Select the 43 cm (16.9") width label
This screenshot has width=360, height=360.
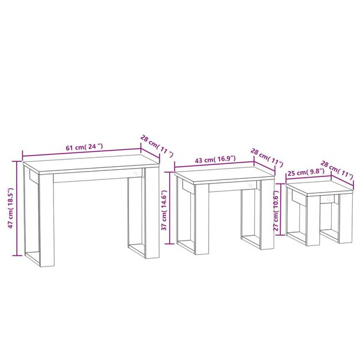[215, 160]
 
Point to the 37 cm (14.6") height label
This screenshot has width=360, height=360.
[164, 209]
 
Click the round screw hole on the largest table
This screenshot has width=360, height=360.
[136, 174]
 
